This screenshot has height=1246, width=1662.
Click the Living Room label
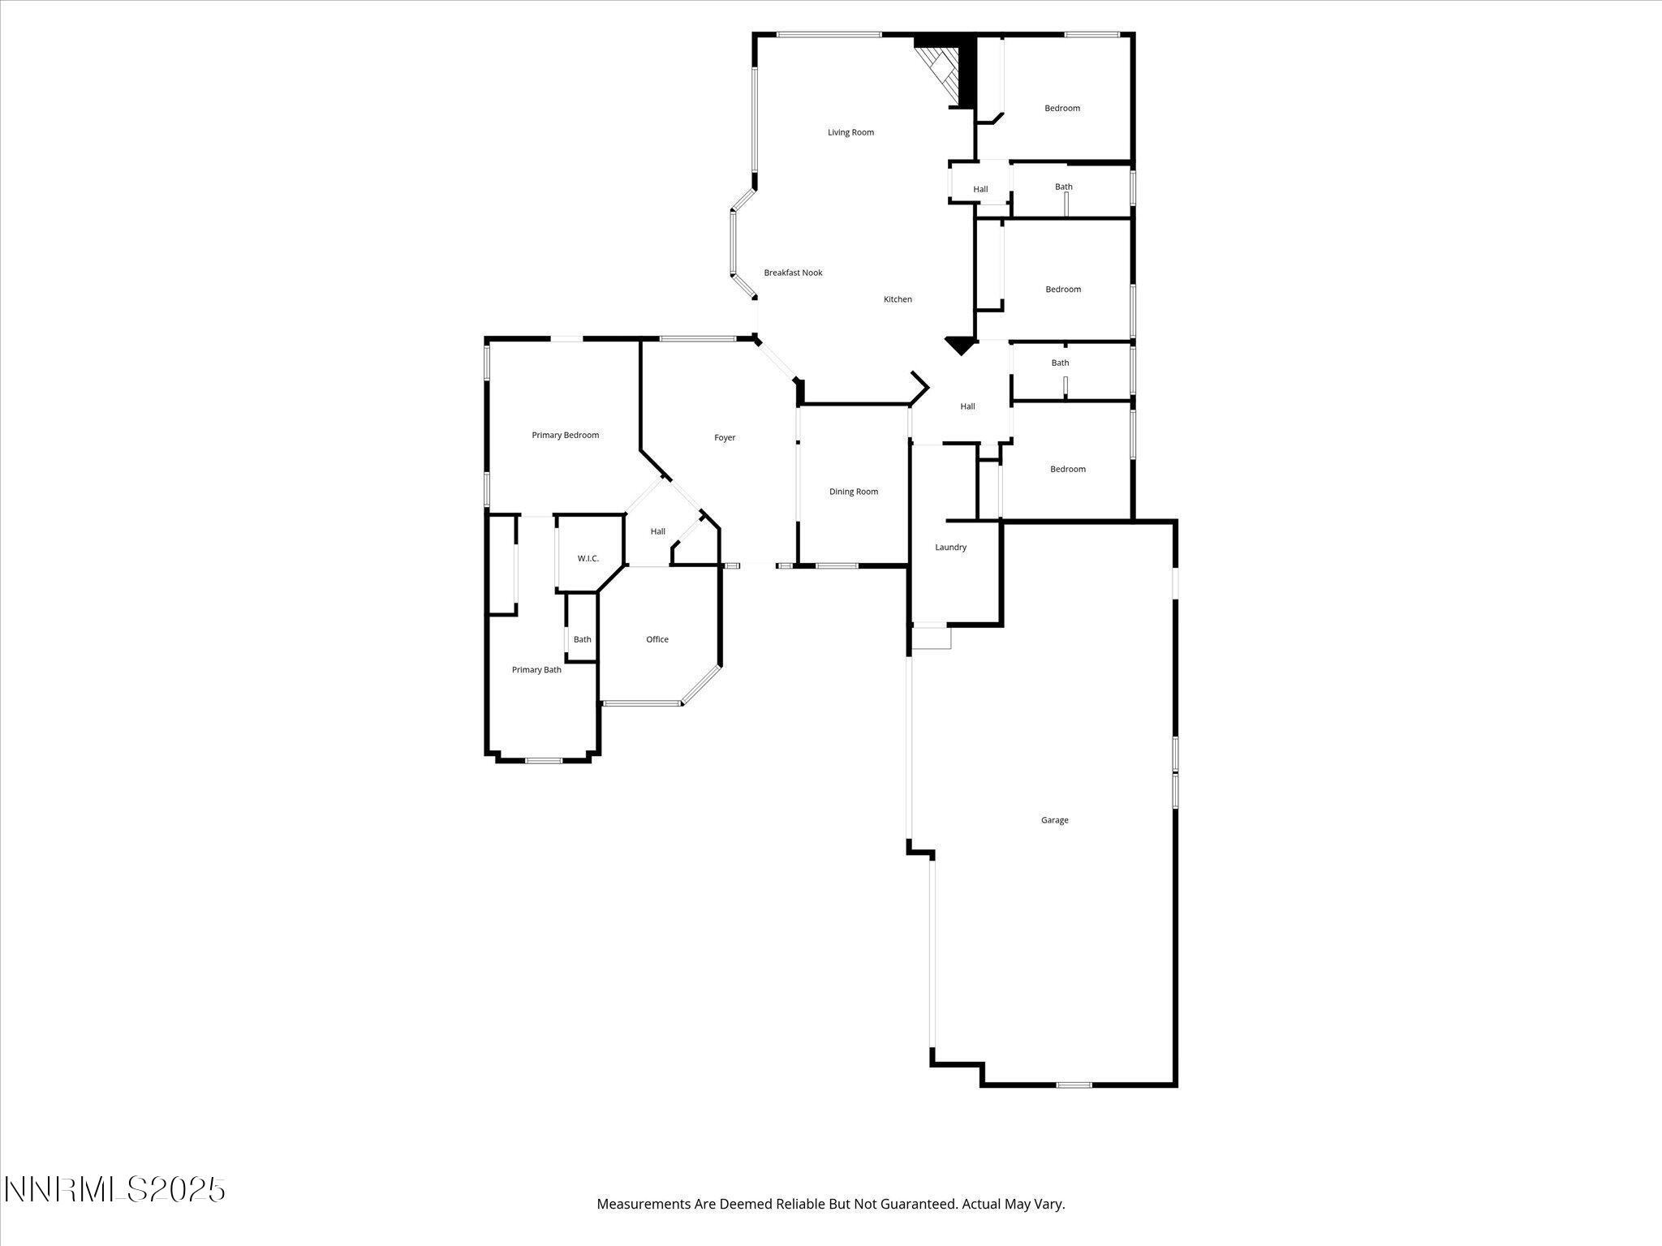tap(850, 132)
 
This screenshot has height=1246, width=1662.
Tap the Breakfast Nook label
tap(793, 273)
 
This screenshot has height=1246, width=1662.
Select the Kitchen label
tap(898, 299)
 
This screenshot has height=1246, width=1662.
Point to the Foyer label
tap(725, 437)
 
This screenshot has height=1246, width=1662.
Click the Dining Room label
tap(854, 492)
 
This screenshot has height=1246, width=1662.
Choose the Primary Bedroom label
tap(565, 435)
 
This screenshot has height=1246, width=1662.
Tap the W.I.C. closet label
tap(588, 558)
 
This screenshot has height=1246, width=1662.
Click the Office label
tap(657, 639)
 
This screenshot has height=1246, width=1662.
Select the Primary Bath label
tap(536, 670)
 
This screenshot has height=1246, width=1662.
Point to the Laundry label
tap(950, 548)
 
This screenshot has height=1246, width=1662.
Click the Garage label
tap(1054, 820)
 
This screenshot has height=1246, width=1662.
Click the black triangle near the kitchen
tap(960, 346)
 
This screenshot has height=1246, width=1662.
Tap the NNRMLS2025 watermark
tap(114, 1190)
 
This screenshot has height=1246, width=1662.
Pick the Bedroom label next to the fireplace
tap(1061, 108)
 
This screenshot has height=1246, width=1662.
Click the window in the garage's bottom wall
tap(1074, 1085)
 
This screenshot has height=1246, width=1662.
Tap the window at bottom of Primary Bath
tap(543, 760)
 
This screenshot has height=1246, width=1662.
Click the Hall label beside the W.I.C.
tap(657, 531)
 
